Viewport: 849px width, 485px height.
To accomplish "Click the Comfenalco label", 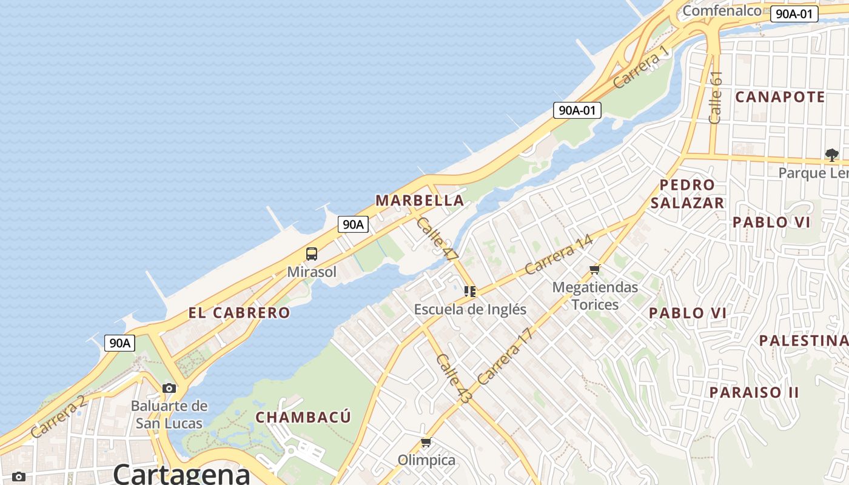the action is click(x=722, y=10).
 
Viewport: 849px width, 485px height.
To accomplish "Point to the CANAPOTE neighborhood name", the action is click(x=780, y=97).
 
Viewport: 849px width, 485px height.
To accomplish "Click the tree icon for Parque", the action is click(x=831, y=155).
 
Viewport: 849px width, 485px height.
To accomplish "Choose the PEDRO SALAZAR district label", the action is click(x=687, y=194).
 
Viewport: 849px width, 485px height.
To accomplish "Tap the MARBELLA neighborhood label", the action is click(x=420, y=200).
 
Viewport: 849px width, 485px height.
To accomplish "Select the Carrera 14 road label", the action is click(x=559, y=255).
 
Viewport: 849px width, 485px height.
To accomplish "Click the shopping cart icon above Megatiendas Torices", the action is click(x=595, y=269).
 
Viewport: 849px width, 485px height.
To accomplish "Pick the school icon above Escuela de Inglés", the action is click(x=470, y=292).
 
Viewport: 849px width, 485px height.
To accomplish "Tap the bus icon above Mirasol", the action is click(x=312, y=254).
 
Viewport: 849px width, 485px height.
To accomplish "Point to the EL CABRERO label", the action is click(x=239, y=313).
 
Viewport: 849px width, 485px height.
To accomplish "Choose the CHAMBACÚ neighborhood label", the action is click(x=303, y=417).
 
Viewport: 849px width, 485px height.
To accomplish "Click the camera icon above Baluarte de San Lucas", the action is click(x=169, y=388).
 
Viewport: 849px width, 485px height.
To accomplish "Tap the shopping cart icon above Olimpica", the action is click(x=426, y=443).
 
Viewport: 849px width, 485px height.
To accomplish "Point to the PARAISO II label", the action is click(x=754, y=392).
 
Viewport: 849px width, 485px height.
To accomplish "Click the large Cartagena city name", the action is click(x=182, y=473).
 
